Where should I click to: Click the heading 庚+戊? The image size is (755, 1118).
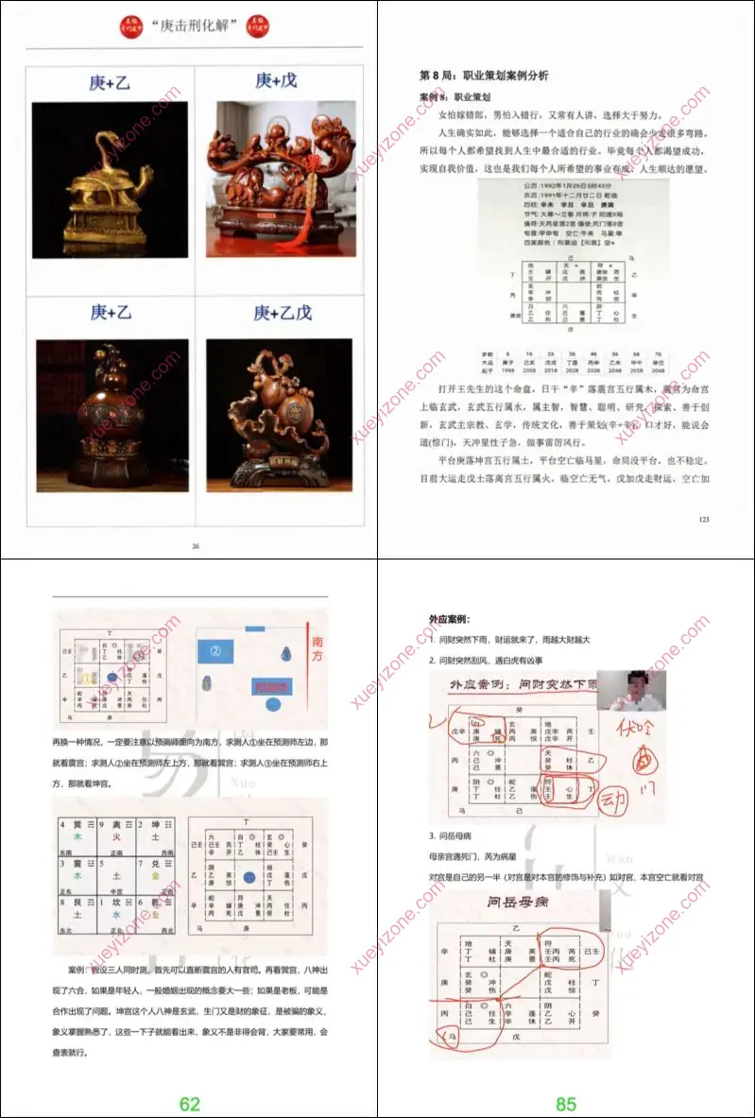(x=275, y=81)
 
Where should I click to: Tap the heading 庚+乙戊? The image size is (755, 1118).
(x=282, y=313)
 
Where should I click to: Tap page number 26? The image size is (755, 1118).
(x=196, y=545)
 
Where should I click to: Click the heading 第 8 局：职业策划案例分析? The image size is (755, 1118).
(x=484, y=75)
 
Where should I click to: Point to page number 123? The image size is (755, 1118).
(x=702, y=519)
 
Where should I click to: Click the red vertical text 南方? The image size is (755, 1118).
(x=317, y=649)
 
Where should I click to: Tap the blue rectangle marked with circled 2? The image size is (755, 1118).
(x=215, y=650)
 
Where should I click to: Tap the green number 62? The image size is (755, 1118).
(x=189, y=1103)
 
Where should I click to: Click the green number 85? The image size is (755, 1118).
(x=565, y=1103)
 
